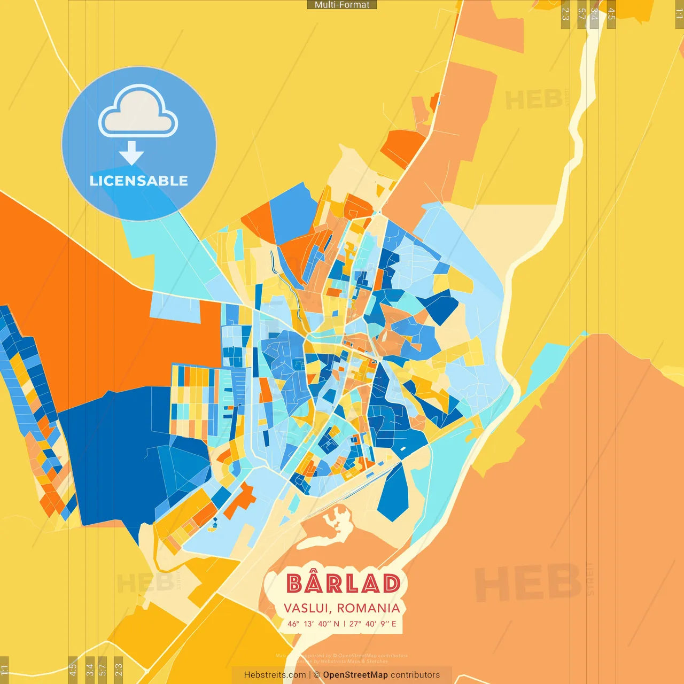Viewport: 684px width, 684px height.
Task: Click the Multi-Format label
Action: (x=342, y=5)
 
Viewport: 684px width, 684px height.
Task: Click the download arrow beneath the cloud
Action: (x=131, y=154)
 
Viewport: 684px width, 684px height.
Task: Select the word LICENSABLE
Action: (x=138, y=181)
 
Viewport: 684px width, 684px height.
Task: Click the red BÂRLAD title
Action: (x=344, y=584)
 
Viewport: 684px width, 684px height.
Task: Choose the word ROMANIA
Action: (x=369, y=608)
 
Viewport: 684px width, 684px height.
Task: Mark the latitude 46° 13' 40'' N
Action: (x=313, y=624)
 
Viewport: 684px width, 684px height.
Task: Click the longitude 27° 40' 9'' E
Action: (x=373, y=624)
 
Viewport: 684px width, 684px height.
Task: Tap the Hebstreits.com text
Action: (x=275, y=675)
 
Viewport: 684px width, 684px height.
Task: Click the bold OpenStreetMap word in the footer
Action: (x=355, y=675)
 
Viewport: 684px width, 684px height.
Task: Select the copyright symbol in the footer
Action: (x=317, y=675)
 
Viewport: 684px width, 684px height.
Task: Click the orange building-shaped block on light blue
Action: (x=240, y=500)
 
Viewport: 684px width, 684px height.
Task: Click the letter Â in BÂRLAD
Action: (x=316, y=582)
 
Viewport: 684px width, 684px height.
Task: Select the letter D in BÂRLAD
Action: (x=391, y=584)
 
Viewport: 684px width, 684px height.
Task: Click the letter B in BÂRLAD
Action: (x=294, y=584)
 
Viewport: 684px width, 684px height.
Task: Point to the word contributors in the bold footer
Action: (x=415, y=675)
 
